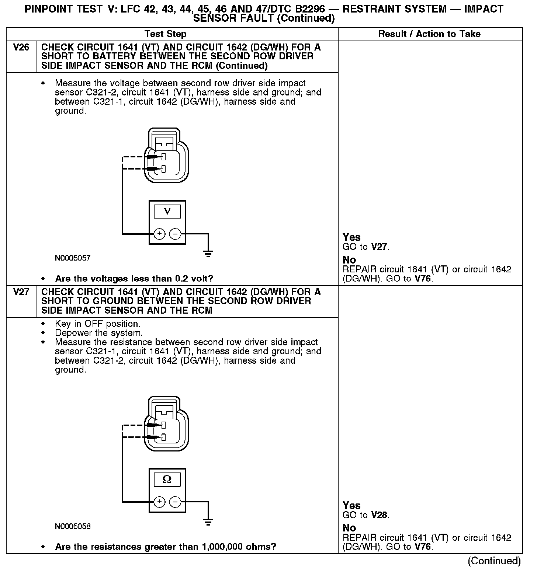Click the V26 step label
coord(21,47)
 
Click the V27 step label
coord(21,292)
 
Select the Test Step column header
coord(165,34)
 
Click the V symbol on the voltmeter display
coord(167,211)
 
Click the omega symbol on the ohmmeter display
coord(167,479)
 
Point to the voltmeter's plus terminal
coord(159,234)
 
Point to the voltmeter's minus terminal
coord(175,234)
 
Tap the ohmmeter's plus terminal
coord(159,502)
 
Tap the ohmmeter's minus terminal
coord(175,502)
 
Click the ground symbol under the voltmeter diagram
coord(208,253)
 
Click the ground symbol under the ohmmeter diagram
coord(208,522)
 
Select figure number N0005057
coord(73,258)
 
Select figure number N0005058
coord(73,526)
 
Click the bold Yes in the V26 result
coord(351,237)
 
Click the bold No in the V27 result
coord(349,528)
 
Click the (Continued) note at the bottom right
coord(494,561)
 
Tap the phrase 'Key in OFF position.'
coord(97,324)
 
